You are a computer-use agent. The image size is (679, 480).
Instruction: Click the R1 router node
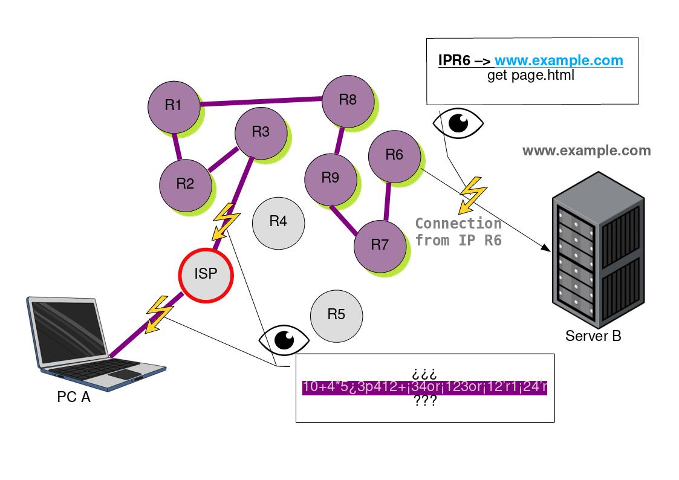(x=174, y=106)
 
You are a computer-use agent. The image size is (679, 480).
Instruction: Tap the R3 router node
(x=261, y=132)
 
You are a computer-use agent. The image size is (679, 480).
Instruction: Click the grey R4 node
(x=278, y=221)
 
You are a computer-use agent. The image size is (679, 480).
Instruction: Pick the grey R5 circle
(x=336, y=314)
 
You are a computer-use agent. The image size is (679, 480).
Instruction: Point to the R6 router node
(x=394, y=155)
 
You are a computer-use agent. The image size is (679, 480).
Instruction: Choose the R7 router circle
(x=379, y=245)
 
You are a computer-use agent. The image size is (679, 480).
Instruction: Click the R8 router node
(x=348, y=100)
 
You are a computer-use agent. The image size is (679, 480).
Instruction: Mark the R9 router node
(x=330, y=178)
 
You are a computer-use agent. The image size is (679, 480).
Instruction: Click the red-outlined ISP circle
(x=206, y=274)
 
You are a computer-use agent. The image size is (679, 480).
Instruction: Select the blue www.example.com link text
(x=559, y=60)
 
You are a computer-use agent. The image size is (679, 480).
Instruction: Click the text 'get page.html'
(x=530, y=76)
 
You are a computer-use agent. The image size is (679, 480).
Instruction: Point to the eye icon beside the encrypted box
(x=284, y=340)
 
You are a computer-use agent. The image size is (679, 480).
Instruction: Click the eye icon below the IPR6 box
(x=458, y=123)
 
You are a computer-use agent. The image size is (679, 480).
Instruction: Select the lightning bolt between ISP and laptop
(x=158, y=313)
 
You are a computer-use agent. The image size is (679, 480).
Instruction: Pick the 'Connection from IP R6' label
(x=458, y=232)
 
